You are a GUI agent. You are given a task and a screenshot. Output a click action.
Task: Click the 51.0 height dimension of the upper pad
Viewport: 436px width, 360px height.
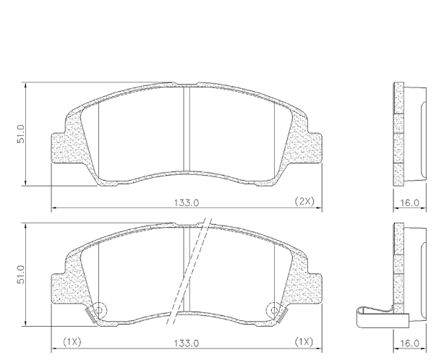(x=22, y=133)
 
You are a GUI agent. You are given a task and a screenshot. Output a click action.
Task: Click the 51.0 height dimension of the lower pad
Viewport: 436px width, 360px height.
(x=22, y=275)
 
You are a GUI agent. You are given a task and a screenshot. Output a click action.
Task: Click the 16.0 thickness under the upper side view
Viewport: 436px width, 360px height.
(x=410, y=202)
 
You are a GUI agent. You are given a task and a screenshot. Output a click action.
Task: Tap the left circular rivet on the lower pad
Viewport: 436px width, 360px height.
(x=99, y=309)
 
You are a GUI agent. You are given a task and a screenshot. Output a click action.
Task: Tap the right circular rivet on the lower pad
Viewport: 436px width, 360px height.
(x=273, y=309)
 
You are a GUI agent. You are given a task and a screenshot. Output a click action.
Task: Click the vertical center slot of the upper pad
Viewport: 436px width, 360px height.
(x=186, y=129)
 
